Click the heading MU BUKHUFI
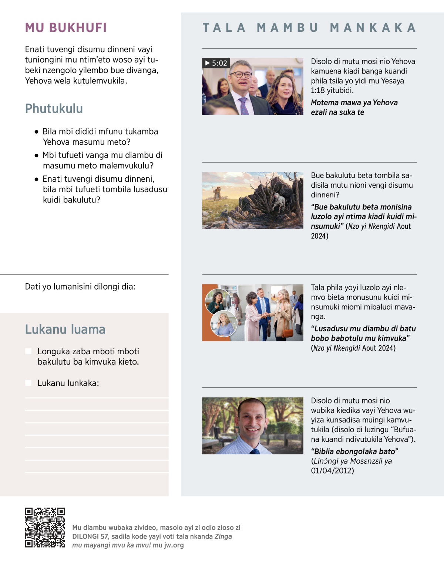click(x=66, y=28)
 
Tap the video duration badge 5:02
click(x=216, y=63)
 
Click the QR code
click(x=45, y=528)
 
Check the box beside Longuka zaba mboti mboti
click(x=28, y=351)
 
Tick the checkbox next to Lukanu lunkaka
click(x=28, y=383)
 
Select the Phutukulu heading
click(x=54, y=109)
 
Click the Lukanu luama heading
click(x=65, y=329)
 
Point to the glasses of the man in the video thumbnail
click(x=241, y=75)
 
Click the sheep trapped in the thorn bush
click(x=277, y=200)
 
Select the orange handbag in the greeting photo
click(x=287, y=332)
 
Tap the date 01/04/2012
click(x=332, y=471)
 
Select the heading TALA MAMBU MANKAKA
click(x=309, y=28)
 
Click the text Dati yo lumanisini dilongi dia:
click(x=80, y=287)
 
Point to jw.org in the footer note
click(x=174, y=545)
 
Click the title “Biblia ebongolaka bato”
click(x=354, y=451)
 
